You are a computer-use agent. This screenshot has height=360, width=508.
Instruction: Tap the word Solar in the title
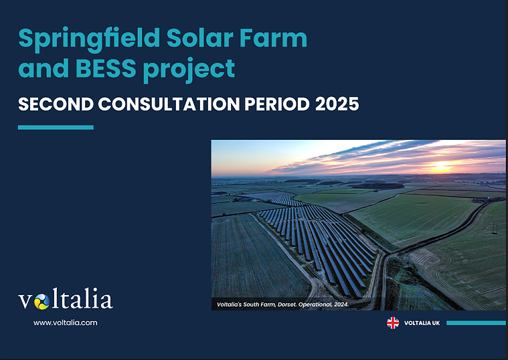[x=200, y=38]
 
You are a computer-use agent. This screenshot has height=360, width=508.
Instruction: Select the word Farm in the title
[x=274, y=38]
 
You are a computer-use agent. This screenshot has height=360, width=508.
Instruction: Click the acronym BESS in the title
[x=106, y=68]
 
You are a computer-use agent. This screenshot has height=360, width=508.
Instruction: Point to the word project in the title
[x=189, y=70]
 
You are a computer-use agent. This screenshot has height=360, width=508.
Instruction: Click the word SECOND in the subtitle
[x=56, y=104]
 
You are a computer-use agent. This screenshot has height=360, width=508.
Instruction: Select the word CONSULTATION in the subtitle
[x=169, y=104]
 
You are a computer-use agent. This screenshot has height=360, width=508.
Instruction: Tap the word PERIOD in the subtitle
[x=277, y=104]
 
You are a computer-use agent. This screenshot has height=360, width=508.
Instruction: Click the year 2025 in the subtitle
[x=337, y=104]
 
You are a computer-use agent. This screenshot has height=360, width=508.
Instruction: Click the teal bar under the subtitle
[x=56, y=127]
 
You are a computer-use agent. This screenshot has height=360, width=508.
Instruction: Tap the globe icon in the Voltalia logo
[x=41, y=302]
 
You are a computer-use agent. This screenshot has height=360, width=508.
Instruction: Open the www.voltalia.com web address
[x=65, y=323]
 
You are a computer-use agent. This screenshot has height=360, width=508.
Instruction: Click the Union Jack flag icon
[x=393, y=323]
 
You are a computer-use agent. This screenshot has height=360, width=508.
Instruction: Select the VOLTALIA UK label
[x=422, y=323]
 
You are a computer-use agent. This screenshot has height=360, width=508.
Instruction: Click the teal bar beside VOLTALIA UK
[x=476, y=323]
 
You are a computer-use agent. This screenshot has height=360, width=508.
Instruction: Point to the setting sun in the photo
[x=440, y=167]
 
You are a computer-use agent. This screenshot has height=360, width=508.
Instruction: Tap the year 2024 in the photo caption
[x=341, y=304]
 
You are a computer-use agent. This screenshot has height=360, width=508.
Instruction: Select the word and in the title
[x=44, y=68]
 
